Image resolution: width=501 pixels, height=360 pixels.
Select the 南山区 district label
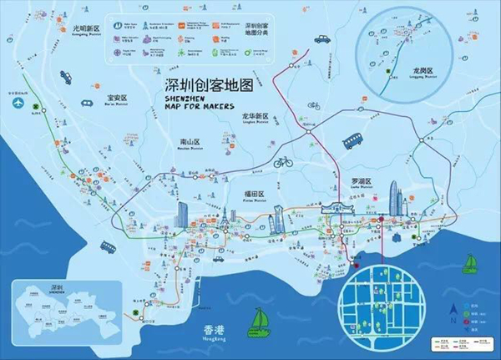tap(191, 143)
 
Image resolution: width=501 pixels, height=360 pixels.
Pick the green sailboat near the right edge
tap(472, 262)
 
